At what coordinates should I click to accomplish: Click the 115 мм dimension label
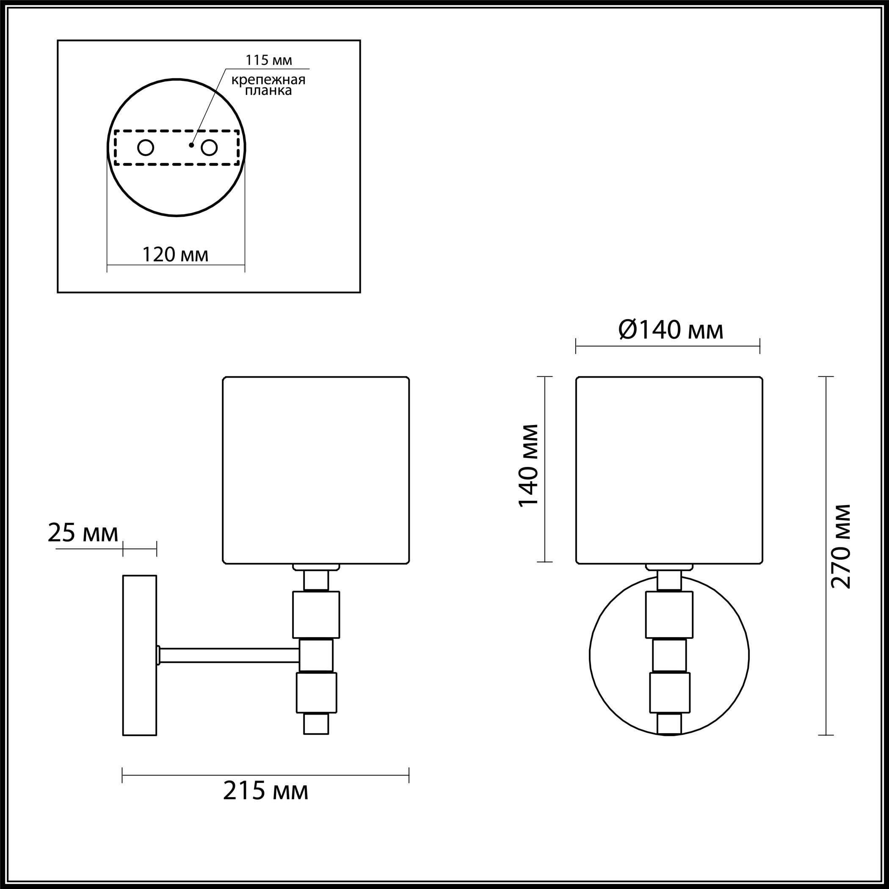click(x=269, y=60)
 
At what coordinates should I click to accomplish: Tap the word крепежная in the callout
click(x=268, y=80)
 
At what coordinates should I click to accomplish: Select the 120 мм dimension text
click(x=175, y=254)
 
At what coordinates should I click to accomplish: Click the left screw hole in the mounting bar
click(x=146, y=148)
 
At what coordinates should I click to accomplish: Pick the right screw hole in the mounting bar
click(x=209, y=148)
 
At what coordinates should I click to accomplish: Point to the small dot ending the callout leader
click(x=191, y=145)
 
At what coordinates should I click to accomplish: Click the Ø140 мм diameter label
click(x=671, y=330)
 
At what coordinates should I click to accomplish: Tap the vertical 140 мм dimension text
click(x=528, y=466)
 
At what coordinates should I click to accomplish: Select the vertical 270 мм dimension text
click(x=841, y=546)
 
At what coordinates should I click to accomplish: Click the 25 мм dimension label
click(x=83, y=533)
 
